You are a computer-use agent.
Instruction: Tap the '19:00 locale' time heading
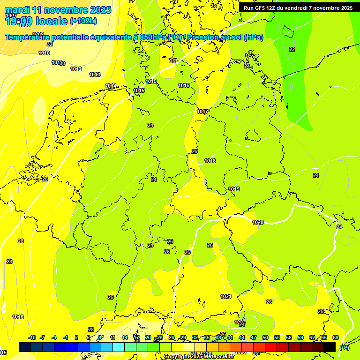pyautogui.click(x=36, y=21)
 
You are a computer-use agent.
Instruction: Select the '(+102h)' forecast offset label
pyautogui.click(x=83, y=21)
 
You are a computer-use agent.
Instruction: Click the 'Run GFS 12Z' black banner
pyautogui.click(x=298, y=7)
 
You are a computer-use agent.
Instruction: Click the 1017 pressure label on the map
pyautogui.click(x=202, y=112)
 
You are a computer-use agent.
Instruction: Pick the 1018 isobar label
pyautogui.click(x=210, y=161)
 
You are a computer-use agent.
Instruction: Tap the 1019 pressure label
pyautogui.click(x=234, y=189)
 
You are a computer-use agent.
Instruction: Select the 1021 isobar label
pyautogui.click(x=226, y=296)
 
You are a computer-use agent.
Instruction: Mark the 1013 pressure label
pyautogui.click(x=95, y=75)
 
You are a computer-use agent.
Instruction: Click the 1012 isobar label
pyautogui.click(x=76, y=69)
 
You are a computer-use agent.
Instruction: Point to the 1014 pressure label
pyautogui.click(x=111, y=86)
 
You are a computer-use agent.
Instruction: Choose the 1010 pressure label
pyautogui.click(x=44, y=53)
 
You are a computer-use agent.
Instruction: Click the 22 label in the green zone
pyautogui.click(x=292, y=49)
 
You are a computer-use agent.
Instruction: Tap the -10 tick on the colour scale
pyautogui.click(x=32, y=337)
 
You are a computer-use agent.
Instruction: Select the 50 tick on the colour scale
pyautogui.click(x=265, y=337)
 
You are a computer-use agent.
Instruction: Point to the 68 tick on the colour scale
pyautogui.click(x=336, y=337)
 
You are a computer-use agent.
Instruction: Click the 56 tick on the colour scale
pyautogui.click(x=289, y=337)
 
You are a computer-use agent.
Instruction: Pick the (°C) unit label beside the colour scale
pyautogui.click(x=344, y=348)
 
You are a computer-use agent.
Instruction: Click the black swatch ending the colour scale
pyautogui.click(x=330, y=347)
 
